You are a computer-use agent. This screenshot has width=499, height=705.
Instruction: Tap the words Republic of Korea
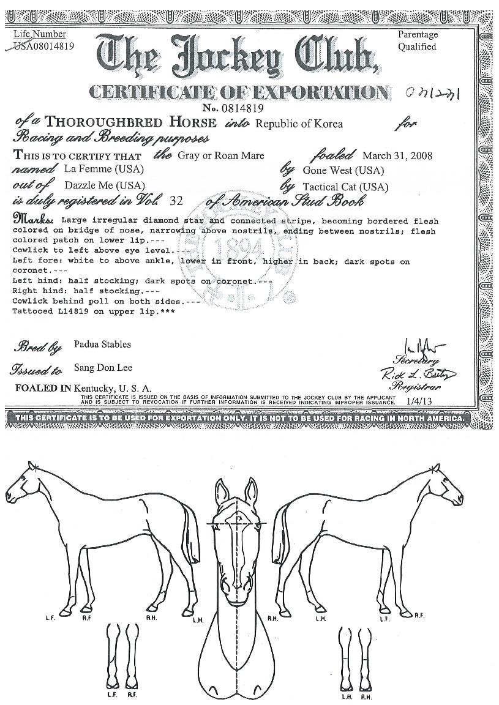tap(299, 124)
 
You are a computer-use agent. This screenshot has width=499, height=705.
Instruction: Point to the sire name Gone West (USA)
tap(336, 170)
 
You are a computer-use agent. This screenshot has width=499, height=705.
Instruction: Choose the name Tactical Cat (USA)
tap(345, 187)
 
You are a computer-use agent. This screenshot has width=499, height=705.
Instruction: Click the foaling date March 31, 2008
tap(397, 155)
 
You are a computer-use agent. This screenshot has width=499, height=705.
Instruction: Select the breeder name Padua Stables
tap(102, 345)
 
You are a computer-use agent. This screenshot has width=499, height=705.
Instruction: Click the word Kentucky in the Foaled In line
tap(94, 388)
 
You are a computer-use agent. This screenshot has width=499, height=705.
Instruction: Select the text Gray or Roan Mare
tap(221, 155)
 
